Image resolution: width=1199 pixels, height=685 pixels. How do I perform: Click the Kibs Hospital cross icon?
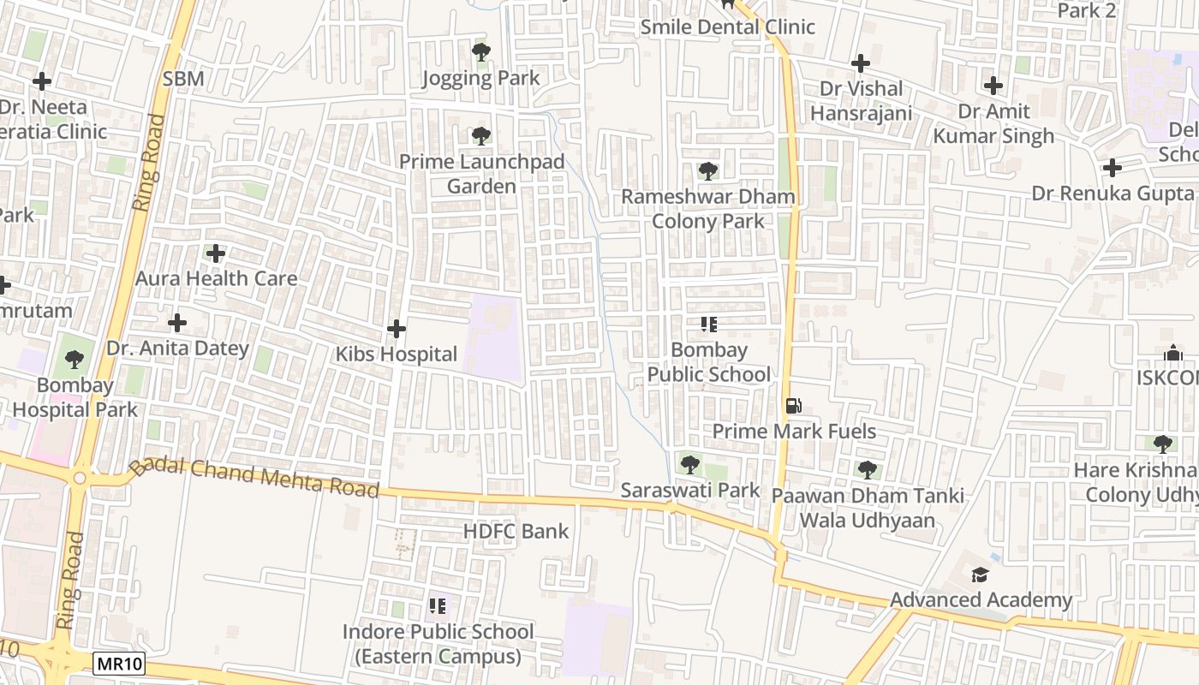(397, 328)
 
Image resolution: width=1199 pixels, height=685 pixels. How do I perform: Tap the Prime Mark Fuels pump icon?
(794, 406)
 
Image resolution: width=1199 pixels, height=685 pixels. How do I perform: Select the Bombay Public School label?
(708, 362)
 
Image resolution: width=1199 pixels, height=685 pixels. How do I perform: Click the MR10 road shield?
(119, 664)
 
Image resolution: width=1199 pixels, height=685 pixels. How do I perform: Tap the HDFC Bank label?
(516, 531)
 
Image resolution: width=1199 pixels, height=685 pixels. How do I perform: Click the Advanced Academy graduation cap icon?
(980, 575)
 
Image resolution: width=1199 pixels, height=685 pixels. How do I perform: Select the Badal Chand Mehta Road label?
(254, 478)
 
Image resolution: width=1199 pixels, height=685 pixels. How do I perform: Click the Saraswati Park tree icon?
(689, 465)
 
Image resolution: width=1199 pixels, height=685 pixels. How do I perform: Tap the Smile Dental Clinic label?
(728, 27)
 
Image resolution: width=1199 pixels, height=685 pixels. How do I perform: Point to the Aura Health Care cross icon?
(216, 253)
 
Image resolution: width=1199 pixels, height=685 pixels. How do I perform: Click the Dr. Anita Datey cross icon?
(177, 323)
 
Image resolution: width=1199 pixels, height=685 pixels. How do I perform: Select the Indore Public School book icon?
(438, 607)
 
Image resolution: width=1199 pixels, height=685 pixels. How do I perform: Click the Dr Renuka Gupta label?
(1112, 193)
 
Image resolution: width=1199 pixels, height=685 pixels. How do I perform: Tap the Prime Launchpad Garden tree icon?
(481, 135)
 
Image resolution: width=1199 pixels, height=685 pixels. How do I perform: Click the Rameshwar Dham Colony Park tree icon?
(707, 170)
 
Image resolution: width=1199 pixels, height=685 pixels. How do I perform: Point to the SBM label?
(183, 79)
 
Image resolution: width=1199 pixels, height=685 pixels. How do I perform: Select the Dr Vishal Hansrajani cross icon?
(861, 63)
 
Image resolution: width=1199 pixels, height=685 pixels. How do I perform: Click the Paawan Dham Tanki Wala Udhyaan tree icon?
(868, 469)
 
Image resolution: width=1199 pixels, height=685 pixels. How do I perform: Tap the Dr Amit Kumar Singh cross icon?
(993, 86)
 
